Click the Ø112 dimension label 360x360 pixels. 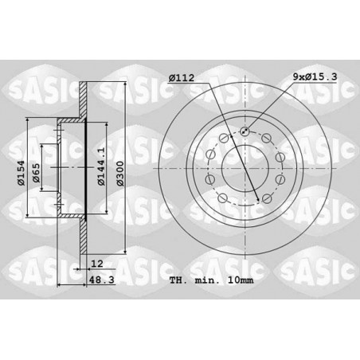tap(182, 78)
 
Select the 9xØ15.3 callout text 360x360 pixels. tap(315, 76)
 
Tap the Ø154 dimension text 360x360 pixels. tap(21, 173)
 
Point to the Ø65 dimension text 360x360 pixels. tap(36, 173)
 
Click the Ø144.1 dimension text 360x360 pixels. tap(101, 166)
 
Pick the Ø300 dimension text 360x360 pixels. tap(120, 173)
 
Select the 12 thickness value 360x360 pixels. tap(96, 264)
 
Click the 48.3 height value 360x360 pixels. tap(101, 280)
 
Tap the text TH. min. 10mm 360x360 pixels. tap(211, 280)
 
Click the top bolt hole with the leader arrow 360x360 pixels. tap(245, 131)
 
